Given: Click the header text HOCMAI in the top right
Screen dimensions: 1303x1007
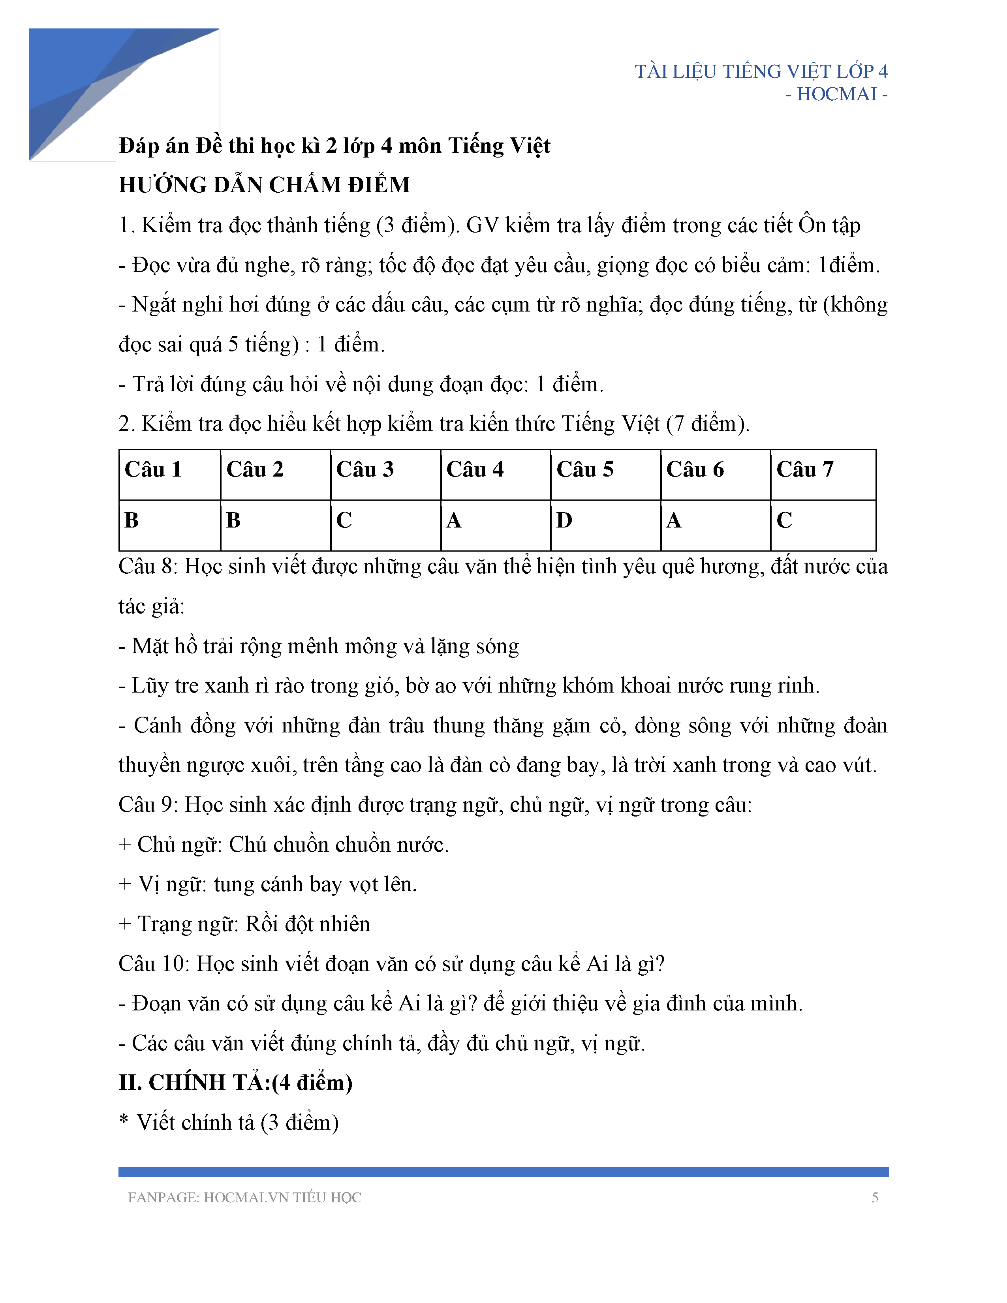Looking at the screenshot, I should pyautogui.click(x=836, y=94).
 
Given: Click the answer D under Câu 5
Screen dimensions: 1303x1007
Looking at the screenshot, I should pyautogui.click(x=564, y=521).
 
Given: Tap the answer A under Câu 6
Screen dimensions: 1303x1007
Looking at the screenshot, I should pyautogui.click(x=674, y=521).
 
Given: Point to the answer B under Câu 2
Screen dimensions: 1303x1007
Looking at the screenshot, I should pyautogui.click(x=233, y=521).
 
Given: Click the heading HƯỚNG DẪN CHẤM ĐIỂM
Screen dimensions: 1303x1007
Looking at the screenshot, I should pyautogui.click(x=264, y=185).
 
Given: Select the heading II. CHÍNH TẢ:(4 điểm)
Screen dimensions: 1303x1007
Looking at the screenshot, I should pyautogui.click(x=236, y=1083).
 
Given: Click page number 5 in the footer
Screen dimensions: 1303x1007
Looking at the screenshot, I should pyautogui.click(x=875, y=1198).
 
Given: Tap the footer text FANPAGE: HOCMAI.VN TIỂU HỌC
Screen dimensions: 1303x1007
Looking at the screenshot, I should pyautogui.click(x=244, y=1198).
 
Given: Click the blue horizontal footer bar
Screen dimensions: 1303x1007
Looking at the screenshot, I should pyautogui.click(x=503, y=1172).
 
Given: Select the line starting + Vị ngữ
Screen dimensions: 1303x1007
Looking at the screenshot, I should pyautogui.click(x=268, y=884).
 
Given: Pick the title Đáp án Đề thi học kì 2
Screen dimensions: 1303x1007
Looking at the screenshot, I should pyautogui.click(x=334, y=146).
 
